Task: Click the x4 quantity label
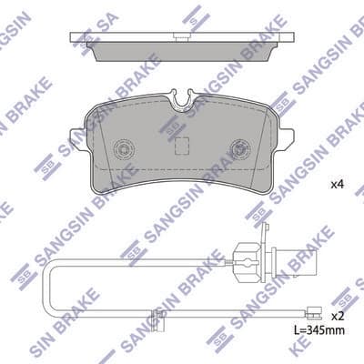coord(337,185)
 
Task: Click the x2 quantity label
coord(337,317)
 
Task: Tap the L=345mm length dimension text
coord(319,329)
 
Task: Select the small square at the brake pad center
coord(182,145)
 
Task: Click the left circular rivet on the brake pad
coord(123,149)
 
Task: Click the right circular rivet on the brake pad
coord(240,149)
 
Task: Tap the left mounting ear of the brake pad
coord(78,139)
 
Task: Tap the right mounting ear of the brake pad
coord(285,139)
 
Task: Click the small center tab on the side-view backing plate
coord(182,37)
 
